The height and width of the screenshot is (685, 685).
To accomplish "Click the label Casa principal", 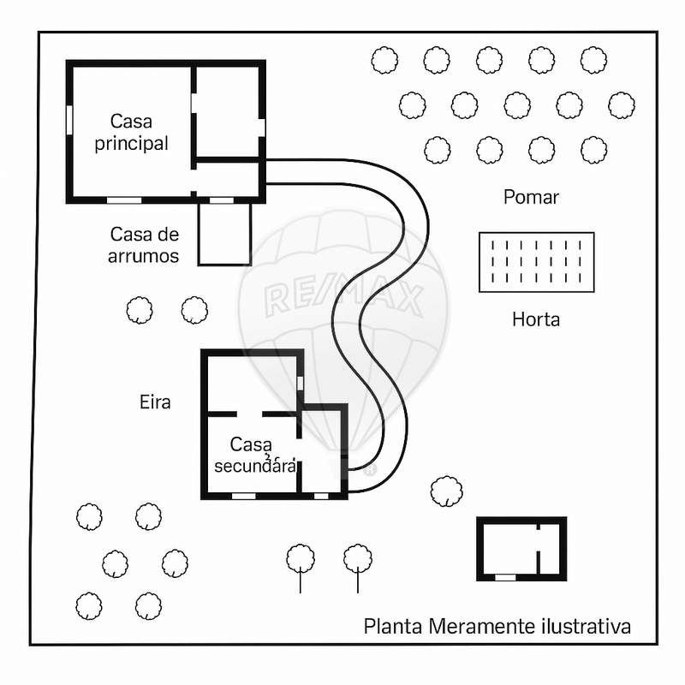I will [131, 132].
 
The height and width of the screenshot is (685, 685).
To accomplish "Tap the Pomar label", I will [531, 198].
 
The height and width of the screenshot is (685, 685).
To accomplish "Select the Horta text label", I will [536, 320].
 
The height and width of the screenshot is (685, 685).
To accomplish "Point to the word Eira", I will [155, 402].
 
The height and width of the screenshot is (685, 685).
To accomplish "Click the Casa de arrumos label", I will [144, 245].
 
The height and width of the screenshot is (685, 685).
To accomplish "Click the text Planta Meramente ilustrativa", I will [497, 627].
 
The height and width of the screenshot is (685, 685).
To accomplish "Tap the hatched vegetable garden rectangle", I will [536, 262].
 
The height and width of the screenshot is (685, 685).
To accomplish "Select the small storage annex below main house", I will [224, 234].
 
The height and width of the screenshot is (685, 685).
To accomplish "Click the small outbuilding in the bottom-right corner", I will [521, 549].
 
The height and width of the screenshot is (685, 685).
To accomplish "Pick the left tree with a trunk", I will [301, 560].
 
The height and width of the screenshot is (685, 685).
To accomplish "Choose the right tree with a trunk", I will [358, 560].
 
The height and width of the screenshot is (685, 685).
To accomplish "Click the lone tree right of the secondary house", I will [445, 491].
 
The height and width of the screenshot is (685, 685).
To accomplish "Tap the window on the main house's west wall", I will [69, 121].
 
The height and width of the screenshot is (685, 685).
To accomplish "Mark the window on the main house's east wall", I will [262, 127].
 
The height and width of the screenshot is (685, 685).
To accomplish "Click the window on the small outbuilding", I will [506, 578].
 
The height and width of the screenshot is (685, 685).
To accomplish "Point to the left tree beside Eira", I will [140, 310].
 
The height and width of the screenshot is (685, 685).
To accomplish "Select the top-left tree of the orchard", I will [384, 60].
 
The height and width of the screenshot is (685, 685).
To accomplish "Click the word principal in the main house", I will [131, 143].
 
